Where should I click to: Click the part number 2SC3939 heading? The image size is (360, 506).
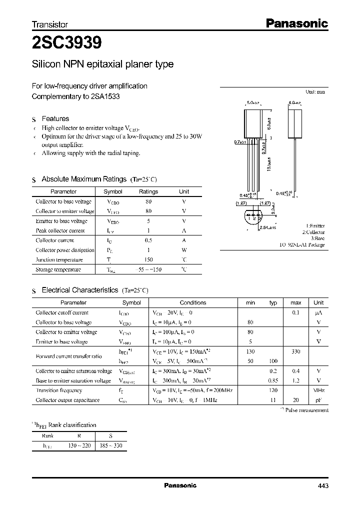coord(67,43)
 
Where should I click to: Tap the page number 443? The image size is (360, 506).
coord(322,485)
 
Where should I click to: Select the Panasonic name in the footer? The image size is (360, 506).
coord(180,485)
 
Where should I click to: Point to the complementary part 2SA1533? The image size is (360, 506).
coord(106,96)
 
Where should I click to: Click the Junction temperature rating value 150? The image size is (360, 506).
coord(148,260)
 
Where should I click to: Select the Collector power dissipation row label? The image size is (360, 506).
coord(64,250)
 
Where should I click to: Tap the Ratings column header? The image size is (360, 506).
coord(148,191)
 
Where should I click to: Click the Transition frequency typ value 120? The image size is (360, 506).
coord(273,390)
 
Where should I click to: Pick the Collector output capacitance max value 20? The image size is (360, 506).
coord(296,400)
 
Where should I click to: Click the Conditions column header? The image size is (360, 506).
coord(192,302)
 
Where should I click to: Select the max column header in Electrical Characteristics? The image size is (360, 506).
coord(296,302)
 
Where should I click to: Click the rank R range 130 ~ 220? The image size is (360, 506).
coord(80,445)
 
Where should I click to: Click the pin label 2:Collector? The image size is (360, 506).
coord(313,232)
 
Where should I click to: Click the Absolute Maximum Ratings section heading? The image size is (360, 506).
coord(83,179)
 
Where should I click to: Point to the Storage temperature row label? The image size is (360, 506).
coord(58,269)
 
